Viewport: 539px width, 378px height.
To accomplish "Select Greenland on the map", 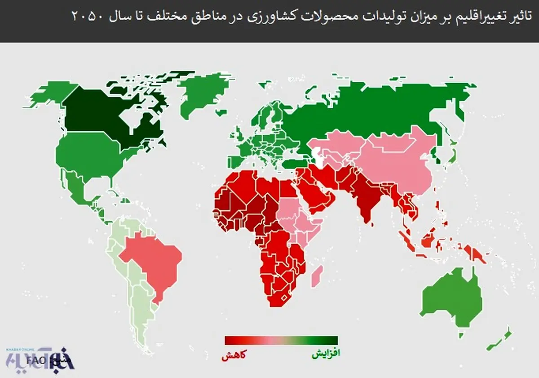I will (x=202, y=94).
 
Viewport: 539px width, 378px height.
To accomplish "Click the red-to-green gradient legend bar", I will (x=281, y=340).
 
